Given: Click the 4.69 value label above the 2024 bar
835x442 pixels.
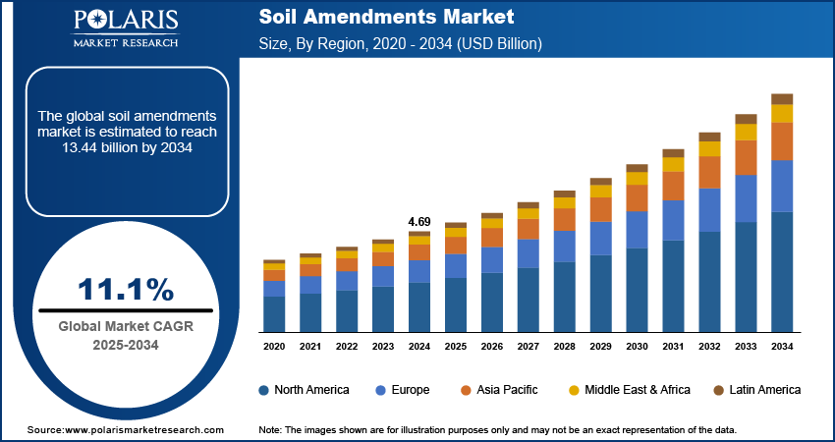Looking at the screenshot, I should (419, 222).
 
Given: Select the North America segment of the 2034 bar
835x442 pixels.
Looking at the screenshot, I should (782, 271).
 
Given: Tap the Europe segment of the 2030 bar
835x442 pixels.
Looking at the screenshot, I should (637, 229).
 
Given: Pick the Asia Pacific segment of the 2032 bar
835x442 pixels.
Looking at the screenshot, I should (709, 172).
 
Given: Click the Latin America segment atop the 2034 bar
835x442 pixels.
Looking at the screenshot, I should (782, 98).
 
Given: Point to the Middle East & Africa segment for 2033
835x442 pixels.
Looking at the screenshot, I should (746, 132).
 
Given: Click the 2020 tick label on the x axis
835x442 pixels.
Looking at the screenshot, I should (274, 347).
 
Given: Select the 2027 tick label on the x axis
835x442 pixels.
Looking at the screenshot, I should (529, 347).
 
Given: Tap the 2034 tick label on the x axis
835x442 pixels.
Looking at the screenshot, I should (782, 347).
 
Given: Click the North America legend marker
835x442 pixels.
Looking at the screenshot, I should (264, 390).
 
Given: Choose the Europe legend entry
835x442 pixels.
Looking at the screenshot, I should (410, 390).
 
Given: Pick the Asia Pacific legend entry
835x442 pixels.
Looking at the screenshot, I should (503, 390).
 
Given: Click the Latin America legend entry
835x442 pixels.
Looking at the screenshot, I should (764, 390).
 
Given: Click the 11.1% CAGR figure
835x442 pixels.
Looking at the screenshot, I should (126, 289).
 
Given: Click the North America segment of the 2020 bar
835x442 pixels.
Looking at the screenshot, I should (274, 313).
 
